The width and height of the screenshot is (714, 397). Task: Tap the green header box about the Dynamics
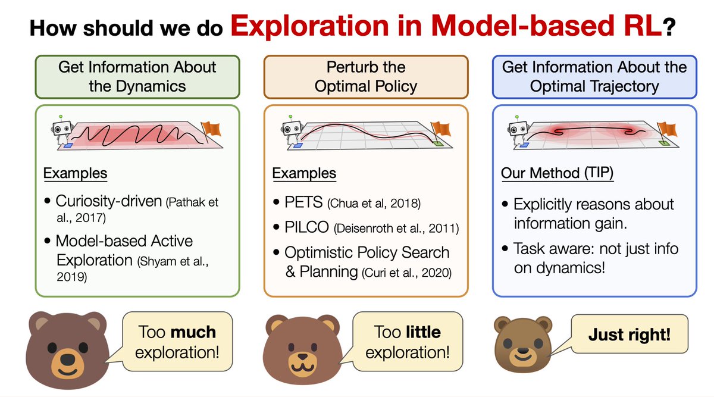tap(137, 76)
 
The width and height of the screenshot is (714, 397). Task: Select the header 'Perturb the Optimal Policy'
tap(366, 76)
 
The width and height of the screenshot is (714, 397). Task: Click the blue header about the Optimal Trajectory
tap(594, 76)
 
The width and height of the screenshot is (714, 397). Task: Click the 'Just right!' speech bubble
tap(629, 335)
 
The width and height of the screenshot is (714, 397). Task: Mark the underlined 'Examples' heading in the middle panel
tap(304, 174)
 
